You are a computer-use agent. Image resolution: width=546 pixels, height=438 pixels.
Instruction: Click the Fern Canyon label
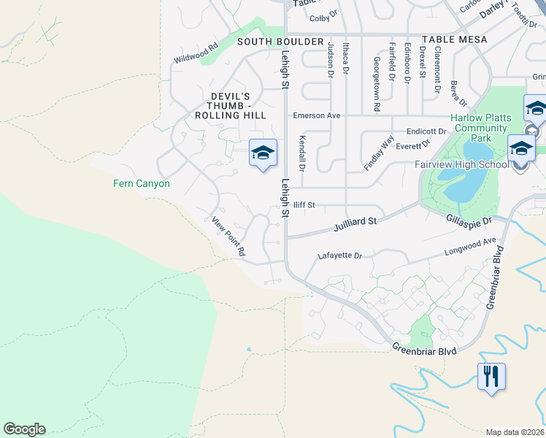142,183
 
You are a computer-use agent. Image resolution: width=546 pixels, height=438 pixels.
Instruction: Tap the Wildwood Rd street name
196,55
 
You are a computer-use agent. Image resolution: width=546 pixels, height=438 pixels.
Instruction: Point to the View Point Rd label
228,236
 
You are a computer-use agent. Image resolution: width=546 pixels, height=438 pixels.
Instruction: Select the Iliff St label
304,206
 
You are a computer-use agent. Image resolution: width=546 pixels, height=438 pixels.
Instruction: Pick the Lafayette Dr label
340,256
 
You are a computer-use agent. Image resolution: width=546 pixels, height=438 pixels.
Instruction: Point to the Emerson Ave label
317,115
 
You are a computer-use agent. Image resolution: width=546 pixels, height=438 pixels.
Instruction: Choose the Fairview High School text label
461,164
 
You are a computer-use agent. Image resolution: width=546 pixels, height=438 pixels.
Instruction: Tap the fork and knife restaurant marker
491,377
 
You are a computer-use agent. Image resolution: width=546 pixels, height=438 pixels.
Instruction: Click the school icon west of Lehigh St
263,153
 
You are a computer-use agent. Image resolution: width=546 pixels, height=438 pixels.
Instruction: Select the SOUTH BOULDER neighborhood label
280,42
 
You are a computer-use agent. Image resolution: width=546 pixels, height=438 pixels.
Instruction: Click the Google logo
24,429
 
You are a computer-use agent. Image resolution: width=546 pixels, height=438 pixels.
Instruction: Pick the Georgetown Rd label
377,84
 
